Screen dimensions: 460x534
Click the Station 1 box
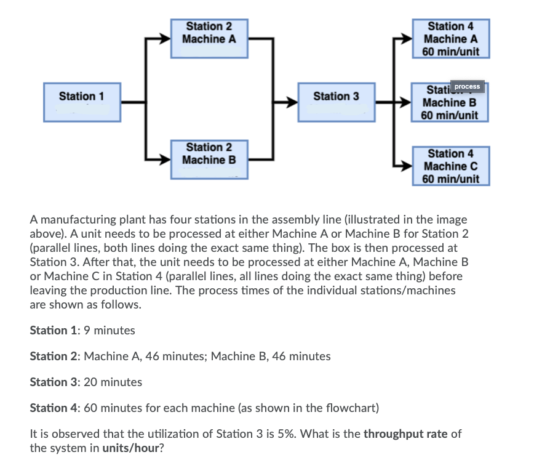coord(82,102)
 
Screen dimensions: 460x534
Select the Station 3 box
coord(336,102)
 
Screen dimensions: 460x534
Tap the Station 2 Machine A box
coord(209,38)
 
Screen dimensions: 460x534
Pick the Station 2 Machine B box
coord(209,159)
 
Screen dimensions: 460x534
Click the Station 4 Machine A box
coord(450,38)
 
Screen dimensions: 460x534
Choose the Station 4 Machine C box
coord(450,166)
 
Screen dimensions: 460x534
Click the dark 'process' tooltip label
coord(468,86)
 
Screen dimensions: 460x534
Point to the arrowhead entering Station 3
coord(293,102)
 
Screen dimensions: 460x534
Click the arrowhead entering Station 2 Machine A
coord(165,38)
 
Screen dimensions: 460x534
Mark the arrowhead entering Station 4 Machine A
coord(406,38)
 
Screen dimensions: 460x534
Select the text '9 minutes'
coord(110,331)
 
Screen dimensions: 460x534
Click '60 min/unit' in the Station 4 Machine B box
coord(450,115)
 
